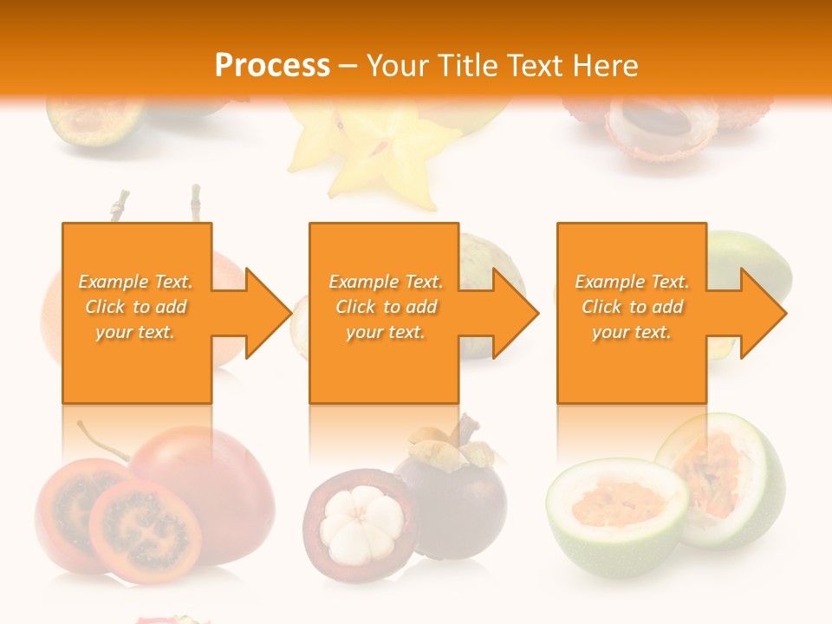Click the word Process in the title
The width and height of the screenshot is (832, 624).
click(x=272, y=65)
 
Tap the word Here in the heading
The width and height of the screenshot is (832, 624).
click(x=604, y=65)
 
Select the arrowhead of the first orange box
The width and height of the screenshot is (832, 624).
click(x=260, y=313)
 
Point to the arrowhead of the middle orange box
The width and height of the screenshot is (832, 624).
click(x=508, y=313)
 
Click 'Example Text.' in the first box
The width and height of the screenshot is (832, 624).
click(x=135, y=282)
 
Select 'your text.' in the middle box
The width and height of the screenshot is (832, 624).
click(x=385, y=332)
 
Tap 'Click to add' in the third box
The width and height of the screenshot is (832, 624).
click(x=632, y=307)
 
